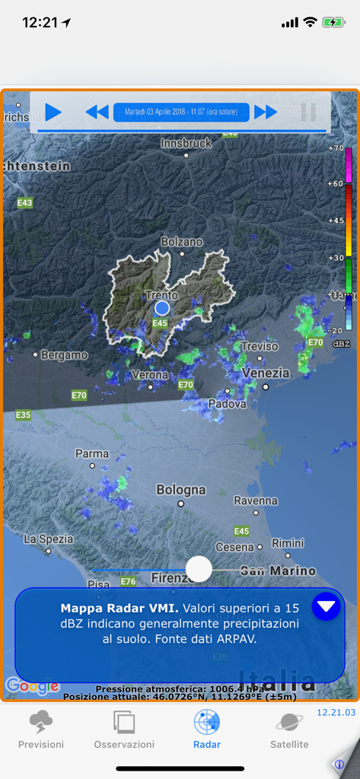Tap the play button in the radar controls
tap(53, 113)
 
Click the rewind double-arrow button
tap(97, 113)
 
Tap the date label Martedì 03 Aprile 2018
tap(181, 113)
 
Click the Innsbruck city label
tap(186, 143)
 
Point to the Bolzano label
tap(182, 242)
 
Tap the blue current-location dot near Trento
tap(162, 307)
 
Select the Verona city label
tap(150, 375)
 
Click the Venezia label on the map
tap(266, 374)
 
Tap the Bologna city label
tap(181, 490)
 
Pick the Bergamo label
tap(64, 355)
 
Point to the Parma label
tap(92, 453)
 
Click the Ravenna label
tap(256, 501)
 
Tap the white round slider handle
tap(199, 568)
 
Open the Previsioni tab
tap(41, 730)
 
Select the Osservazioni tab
tap(124, 730)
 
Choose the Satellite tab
tap(289, 730)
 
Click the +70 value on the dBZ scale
tap(336, 148)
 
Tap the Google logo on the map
tap(32, 686)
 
